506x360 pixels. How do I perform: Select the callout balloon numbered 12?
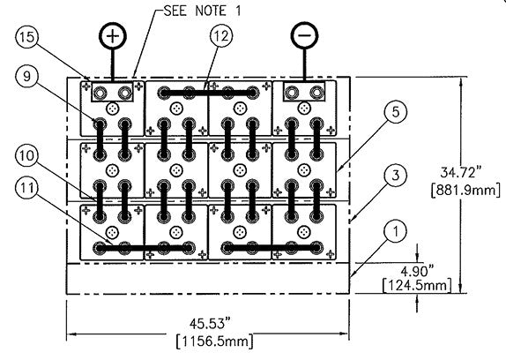[x=221, y=36]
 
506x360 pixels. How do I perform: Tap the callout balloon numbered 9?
[x=27, y=76]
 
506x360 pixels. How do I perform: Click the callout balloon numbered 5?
[x=396, y=112]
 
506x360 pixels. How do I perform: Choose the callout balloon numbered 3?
[x=396, y=175]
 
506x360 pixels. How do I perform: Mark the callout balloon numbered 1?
[x=396, y=231]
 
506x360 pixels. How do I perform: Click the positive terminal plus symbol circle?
[x=113, y=35]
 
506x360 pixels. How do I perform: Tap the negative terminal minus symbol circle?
[x=304, y=35]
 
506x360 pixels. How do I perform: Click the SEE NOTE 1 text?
[x=203, y=11]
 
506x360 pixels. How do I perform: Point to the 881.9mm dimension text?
[x=465, y=190]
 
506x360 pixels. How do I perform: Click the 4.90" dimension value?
[x=416, y=271]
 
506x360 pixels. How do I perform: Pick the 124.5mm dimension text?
[x=417, y=285]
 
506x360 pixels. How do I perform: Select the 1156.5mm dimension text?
[x=214, y=341]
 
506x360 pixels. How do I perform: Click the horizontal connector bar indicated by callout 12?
[x=208, y=93]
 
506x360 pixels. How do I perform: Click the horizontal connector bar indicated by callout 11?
[x=143, y=248]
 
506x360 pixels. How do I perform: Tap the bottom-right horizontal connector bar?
[x=272, y=248]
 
